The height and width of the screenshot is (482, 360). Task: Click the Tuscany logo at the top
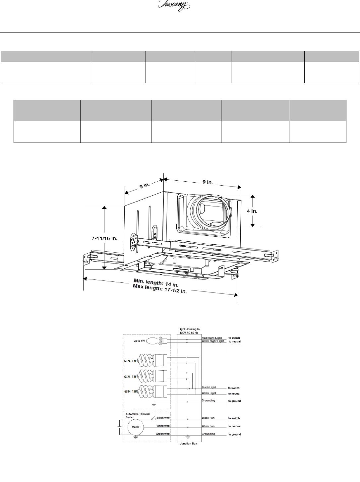pos(174,6)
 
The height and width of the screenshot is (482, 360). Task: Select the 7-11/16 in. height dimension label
pos(104,238)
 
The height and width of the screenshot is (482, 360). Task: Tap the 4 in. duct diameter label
pos(252,211)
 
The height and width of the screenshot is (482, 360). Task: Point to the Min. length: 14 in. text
pos(156,283)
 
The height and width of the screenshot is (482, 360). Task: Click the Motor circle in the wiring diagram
pos(136,427)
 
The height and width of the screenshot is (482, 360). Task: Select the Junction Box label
pos(188,444)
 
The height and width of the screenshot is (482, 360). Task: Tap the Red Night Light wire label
pos(212,338)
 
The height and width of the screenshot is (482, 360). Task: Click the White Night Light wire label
pos(213,341)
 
